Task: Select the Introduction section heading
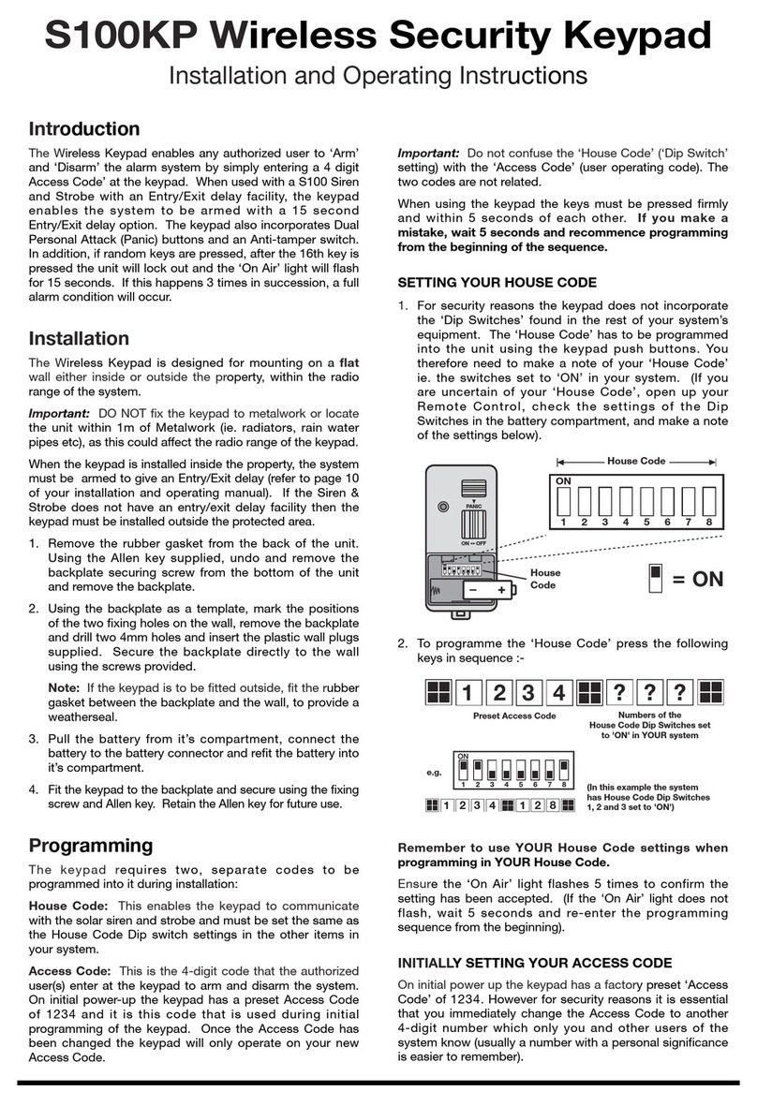pos(84,129)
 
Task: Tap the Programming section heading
pos(91,846)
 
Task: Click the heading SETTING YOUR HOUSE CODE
pos(497,282)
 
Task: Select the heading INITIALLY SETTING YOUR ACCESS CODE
pos(536,963)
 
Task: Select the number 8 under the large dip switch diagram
pos(709,522)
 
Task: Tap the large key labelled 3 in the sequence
pos(528,694)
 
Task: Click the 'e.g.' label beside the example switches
pos(432,774)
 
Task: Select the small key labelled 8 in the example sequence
pos(555,804)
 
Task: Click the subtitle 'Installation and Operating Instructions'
pos(378,76)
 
